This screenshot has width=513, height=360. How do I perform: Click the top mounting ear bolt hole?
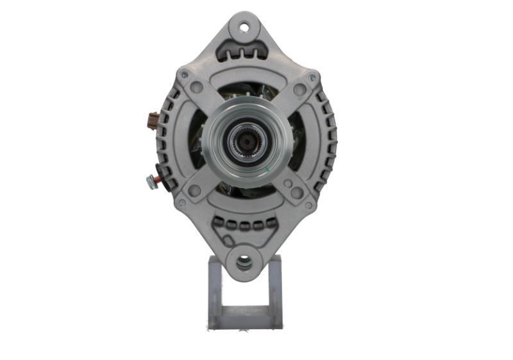pyautogui.click(x=244, y=27)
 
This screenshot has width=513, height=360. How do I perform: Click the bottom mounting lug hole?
pyautogui.click(x=244, y=262)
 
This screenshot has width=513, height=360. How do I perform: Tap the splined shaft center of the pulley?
pyautogui.click(x=244, y=139)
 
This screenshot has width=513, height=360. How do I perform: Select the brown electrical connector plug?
pyautogui.click(x=153, y=121)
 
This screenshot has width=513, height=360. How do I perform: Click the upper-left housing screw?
pyautogui.click(x=185, y=74)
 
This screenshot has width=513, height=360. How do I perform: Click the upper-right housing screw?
pyautogui.click(x=312, y=78)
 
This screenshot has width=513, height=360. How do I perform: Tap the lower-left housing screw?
pyautogui.click(x=181, y=202)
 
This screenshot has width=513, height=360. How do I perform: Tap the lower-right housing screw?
pyautogui.click(x=308, y=205)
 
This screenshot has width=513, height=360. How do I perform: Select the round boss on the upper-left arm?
pyautogui.click(x=197, y=87)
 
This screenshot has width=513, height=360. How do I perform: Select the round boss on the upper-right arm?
pyautogui.click(x=299, y=90)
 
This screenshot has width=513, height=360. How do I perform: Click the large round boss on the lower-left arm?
pyautogui.click(x=194, y=190)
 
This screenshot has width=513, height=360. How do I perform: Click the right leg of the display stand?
pyautogui.click(x=274, y=289)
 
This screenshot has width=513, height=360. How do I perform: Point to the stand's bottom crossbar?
pyautogui.click(x=244, y=317)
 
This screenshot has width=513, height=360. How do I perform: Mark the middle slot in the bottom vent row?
pyautogui.click(x=244, y=225)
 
